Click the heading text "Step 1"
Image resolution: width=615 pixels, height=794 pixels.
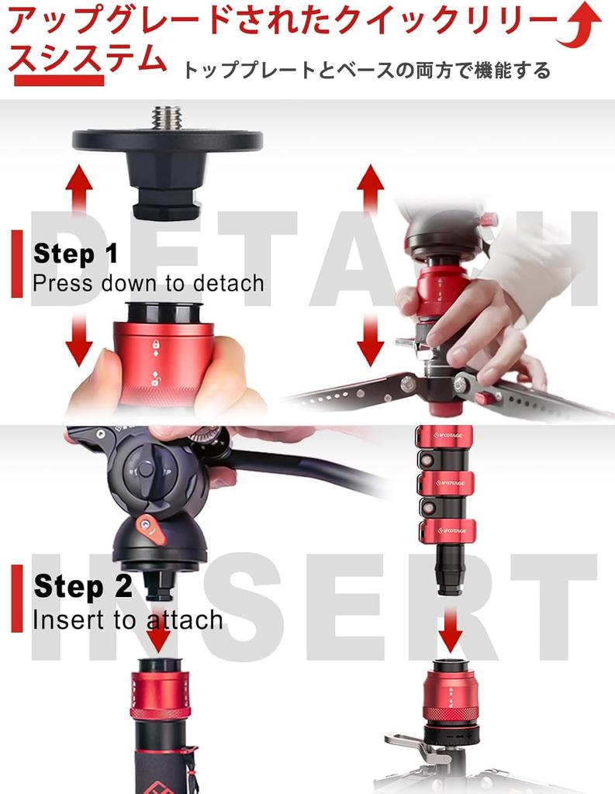point(75,254)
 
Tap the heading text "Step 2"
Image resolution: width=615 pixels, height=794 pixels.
point(83,586)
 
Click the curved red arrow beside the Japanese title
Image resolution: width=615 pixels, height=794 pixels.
point(580,26)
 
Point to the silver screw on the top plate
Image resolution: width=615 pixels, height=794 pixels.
point(168,117)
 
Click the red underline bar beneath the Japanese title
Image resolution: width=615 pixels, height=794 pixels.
point(59,80)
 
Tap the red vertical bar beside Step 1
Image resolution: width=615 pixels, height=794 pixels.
point(17,264)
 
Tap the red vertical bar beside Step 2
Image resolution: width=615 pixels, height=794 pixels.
point(17,599)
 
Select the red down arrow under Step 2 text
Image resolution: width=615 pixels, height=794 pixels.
point(158,633)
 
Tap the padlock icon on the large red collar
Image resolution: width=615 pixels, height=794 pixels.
point(156,345)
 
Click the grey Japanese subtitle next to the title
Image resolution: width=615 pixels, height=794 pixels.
point(366,71)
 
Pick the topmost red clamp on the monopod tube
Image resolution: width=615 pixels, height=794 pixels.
point(445,436)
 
